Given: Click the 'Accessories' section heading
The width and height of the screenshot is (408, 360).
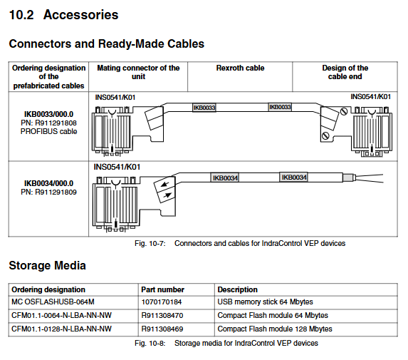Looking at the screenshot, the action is coord(80,14).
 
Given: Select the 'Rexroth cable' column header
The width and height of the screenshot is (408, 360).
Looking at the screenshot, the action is coord(240,68).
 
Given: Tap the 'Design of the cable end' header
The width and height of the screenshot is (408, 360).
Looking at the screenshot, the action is coord(345,72).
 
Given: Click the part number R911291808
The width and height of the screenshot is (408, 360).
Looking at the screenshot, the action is coord(48,123).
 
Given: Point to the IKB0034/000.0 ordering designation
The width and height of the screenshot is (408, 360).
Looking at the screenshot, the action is coord(48,183).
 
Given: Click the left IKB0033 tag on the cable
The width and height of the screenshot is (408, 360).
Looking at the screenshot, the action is coord(204,108).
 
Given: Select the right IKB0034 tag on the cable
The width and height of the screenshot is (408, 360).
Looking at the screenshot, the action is coord(294,178).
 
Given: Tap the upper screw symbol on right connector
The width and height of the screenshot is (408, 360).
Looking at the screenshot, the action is coord(344,111).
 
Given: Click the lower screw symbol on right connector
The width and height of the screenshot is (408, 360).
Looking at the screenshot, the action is coord(325,135).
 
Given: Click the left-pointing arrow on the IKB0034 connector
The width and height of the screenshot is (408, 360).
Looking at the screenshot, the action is coord(165,185).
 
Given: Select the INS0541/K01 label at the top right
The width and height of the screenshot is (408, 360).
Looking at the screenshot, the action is coord(370,97).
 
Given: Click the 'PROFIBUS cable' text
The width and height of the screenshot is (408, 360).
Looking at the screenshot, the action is coord(48,131).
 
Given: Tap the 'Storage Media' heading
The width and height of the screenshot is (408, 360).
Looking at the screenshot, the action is coord(48,265).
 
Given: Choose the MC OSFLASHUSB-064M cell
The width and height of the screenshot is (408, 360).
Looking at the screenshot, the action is coord(53,302).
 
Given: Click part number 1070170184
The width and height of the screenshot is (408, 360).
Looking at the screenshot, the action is coord(162,302).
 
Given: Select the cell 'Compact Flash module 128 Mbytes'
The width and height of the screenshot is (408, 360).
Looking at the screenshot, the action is coord(275,329).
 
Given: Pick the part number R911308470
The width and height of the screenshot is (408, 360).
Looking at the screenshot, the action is coord(162,316).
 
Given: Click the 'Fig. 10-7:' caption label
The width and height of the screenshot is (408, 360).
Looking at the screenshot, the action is coord(150,243).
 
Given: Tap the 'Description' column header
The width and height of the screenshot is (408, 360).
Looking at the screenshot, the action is coord(237,289).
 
